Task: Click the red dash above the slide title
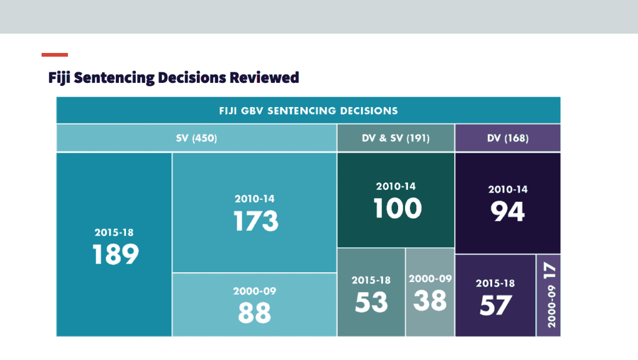tap(55, 55)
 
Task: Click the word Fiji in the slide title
tap(59, 78)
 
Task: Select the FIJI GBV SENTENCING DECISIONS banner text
tap(308, 111)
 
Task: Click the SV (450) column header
tap(196, 138)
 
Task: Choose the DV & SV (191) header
tap(396, 138)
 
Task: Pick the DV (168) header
tap(508, 138)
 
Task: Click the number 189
tap(115, 254)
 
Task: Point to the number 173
tap(256, 221)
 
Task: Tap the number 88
tap(254, 313)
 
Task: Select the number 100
tap(397, 208)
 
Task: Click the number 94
tap(507, 212)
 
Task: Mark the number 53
tap(371, 302)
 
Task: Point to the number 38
tap(430, 301)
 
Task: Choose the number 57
tap(495, 305)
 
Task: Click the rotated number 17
tap(550, 270)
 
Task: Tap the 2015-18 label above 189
tap(114, 232)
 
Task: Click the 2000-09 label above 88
tap(254, 291)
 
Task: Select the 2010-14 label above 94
tap(508, 189)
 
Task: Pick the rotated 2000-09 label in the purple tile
tap(551, 306)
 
